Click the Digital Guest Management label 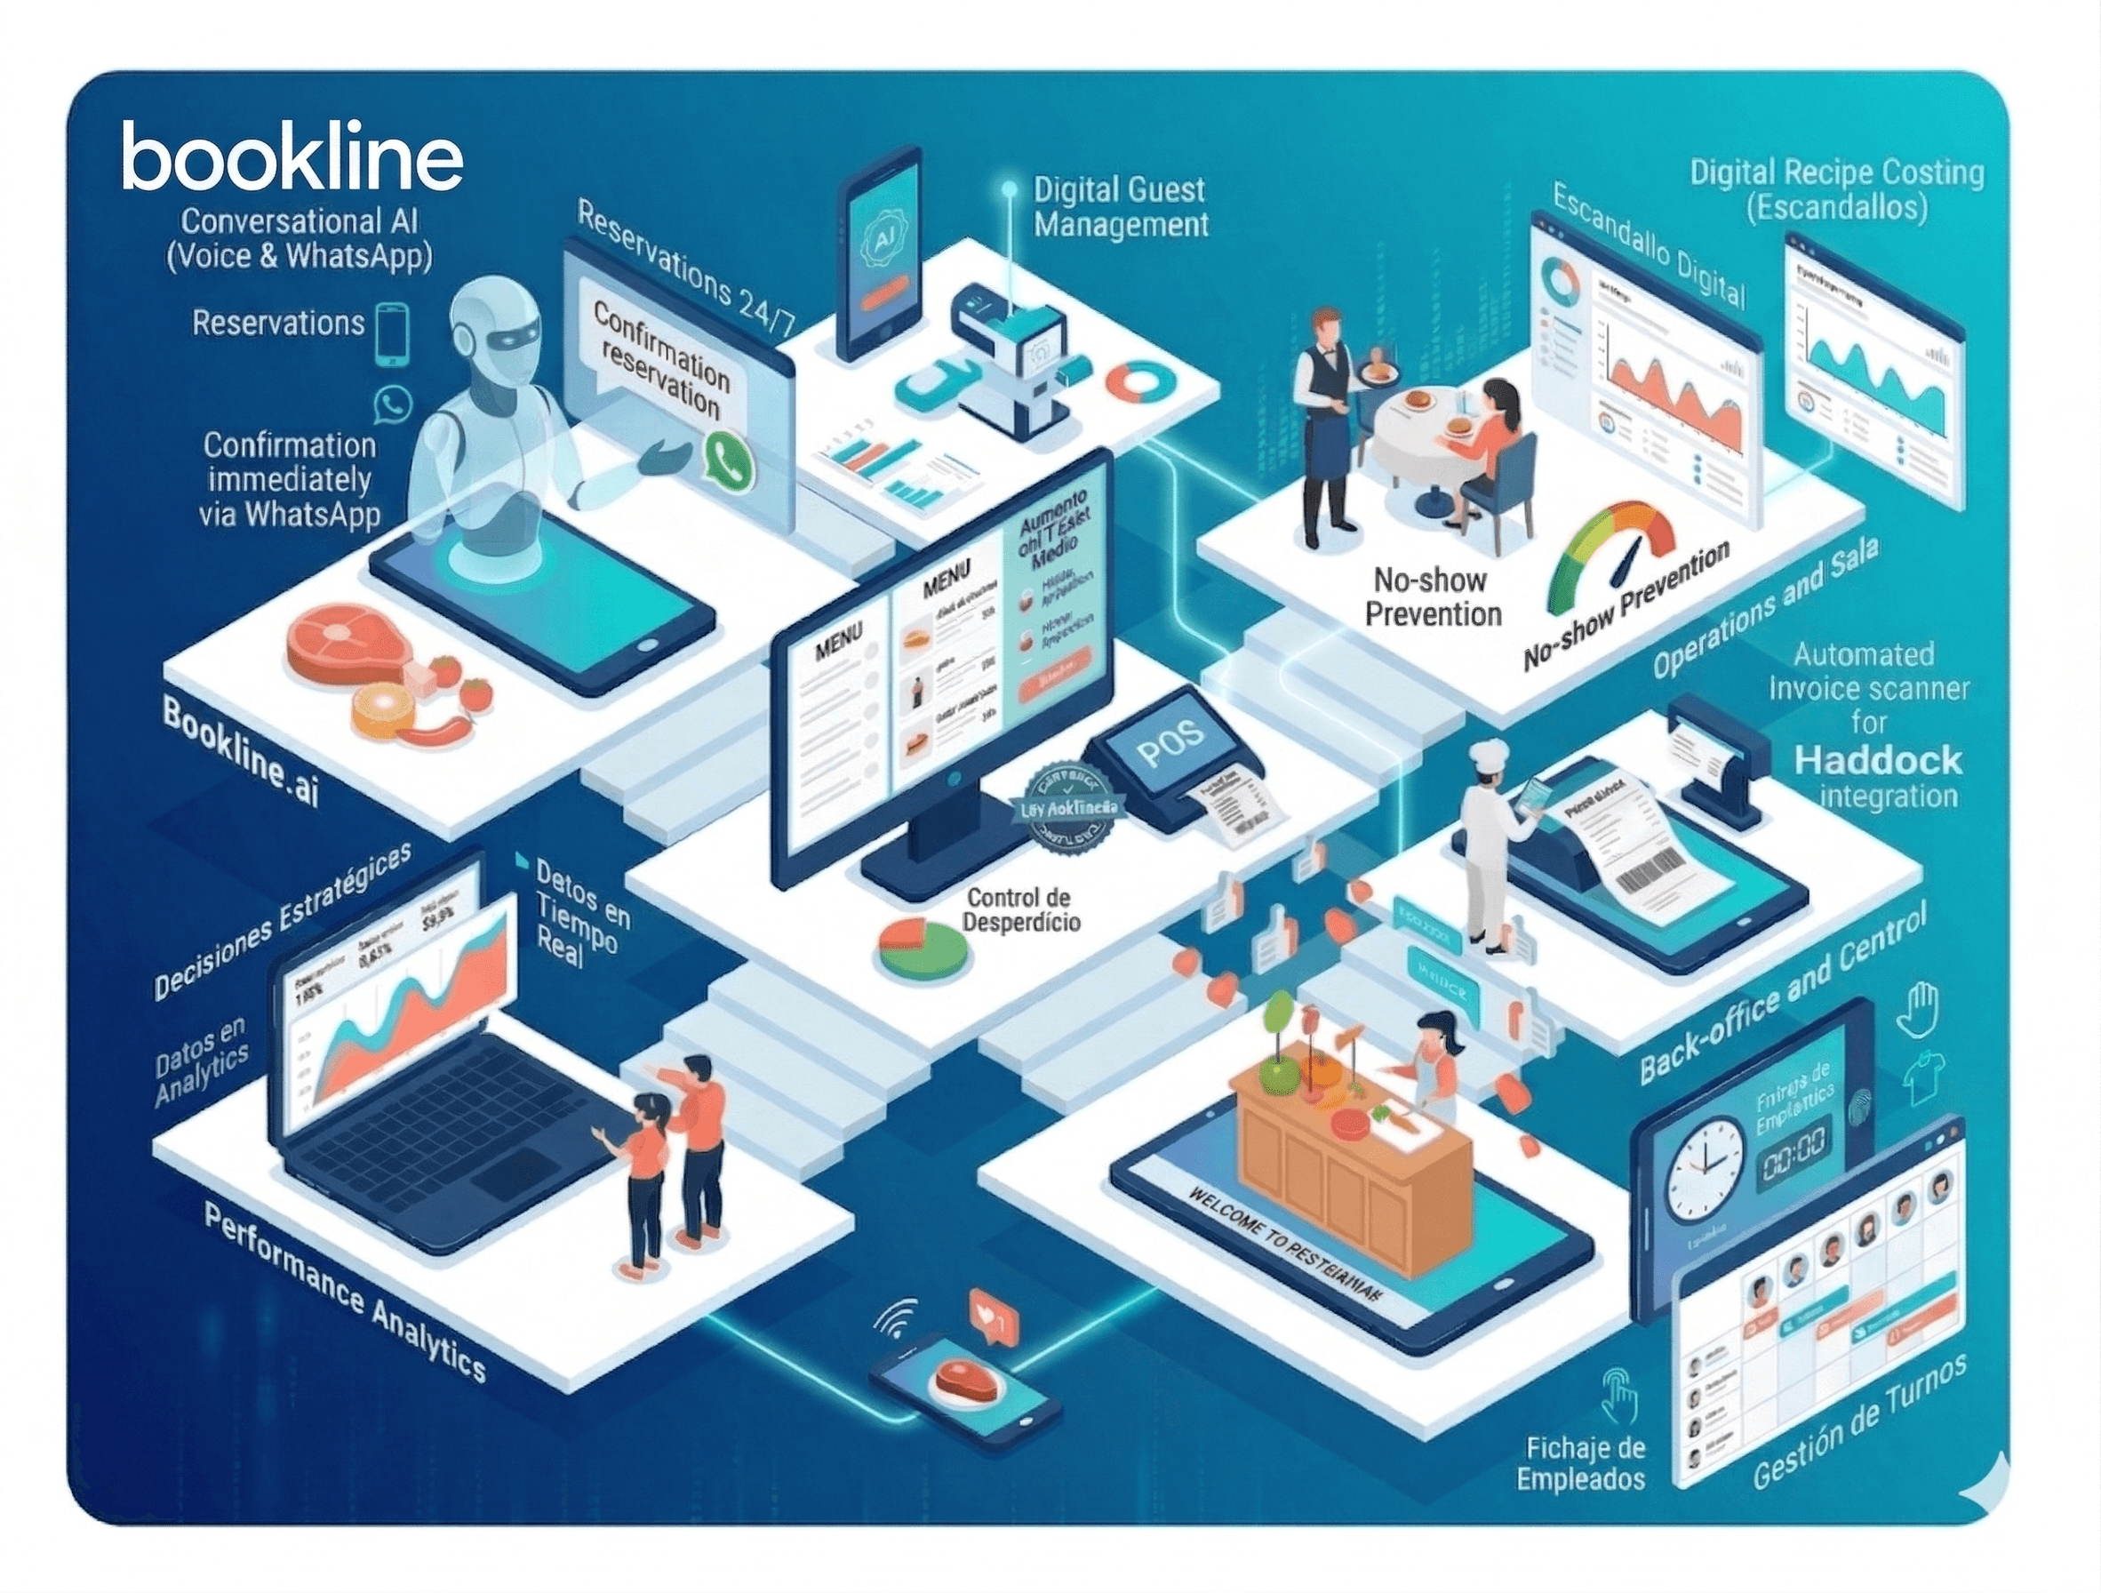click(x=1121, y=207)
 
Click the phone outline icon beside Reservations click(x=392, y=332)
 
